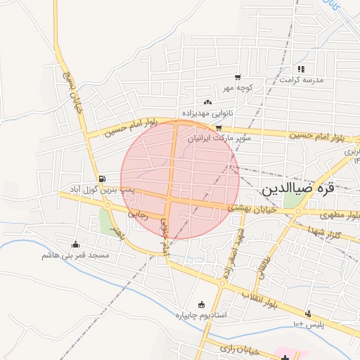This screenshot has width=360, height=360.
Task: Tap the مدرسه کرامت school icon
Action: click(x=301, y=69)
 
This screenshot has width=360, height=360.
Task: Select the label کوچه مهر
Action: click(x=238, y=88)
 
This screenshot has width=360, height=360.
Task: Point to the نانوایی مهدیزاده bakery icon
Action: click(x=207, y=103)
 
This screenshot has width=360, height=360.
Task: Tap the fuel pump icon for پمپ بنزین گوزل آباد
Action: click(x=103, y=179)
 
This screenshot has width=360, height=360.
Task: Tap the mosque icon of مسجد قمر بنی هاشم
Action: click(x=75, y=245)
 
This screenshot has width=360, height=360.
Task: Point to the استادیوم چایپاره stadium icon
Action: click(x=202, y=304)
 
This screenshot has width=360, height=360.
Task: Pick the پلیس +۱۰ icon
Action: click(x=307, y=314)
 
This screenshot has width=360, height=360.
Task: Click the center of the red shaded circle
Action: click(x=180, y=180)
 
